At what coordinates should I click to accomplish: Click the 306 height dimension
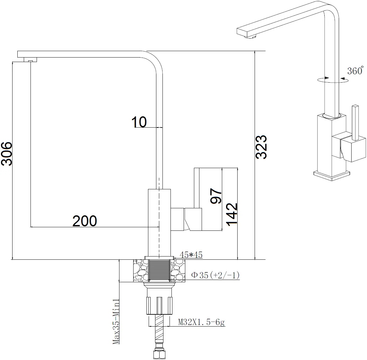[6, 154]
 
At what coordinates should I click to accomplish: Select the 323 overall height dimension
[261, 147]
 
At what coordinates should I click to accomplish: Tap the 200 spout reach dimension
[84, 221]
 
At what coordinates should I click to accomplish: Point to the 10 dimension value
[139, 122]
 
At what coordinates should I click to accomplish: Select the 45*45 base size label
[191, 255]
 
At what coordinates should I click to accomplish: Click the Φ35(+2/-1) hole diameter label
[215, 275]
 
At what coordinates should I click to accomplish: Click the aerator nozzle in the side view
[31, 60]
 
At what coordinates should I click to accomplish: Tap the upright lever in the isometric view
[355, 122]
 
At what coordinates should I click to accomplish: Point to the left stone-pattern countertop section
[140, 271]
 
